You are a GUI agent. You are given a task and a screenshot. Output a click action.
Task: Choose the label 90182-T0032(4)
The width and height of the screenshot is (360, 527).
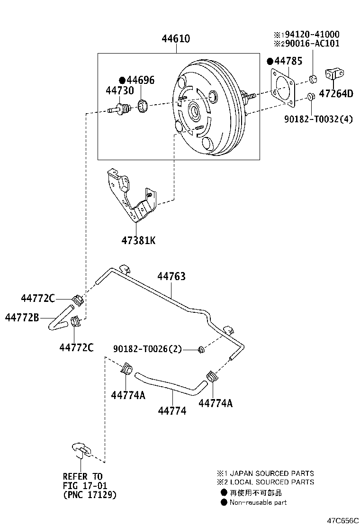point(318,119)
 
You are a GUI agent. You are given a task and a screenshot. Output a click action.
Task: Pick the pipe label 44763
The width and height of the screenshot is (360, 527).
point(171,276)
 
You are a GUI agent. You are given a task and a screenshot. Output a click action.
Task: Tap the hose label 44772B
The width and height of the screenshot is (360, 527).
point(22,317)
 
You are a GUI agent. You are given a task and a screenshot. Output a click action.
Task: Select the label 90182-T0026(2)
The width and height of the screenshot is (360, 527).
point(147,349)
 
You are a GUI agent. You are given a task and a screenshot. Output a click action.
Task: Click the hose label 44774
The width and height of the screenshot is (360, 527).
point(171,411)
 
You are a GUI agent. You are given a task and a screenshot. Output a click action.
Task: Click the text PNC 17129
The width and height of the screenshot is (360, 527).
point(89,495)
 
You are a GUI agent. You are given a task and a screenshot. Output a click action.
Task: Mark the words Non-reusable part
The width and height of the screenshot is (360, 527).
point(258,502)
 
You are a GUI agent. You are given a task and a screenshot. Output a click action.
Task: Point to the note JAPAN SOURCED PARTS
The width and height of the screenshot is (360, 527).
point(271,473)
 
